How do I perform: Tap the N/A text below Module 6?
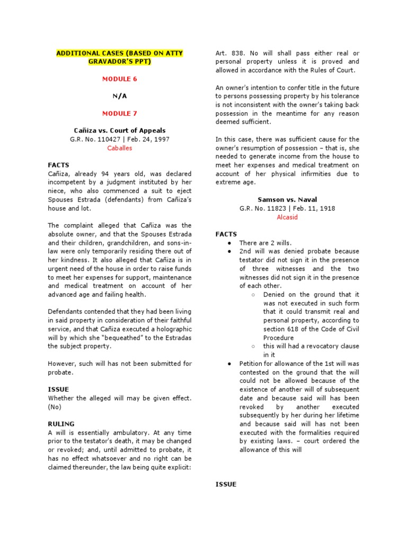pos(119,96)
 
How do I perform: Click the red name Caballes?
pos(119,148)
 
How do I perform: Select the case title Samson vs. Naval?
pos(287,199)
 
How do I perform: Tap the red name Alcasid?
pos(287,217)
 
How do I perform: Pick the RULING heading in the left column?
pos(61,424)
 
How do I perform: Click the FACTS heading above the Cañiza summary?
pos(58,165)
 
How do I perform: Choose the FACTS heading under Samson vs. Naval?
pos(226,234)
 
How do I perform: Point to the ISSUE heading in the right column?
pos(225,484)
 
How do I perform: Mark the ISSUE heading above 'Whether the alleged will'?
pos(58,389)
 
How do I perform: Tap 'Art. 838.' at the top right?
pos(228,53)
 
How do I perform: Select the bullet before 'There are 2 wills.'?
pos(228,243)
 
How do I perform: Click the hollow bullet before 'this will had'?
pos(253,346)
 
